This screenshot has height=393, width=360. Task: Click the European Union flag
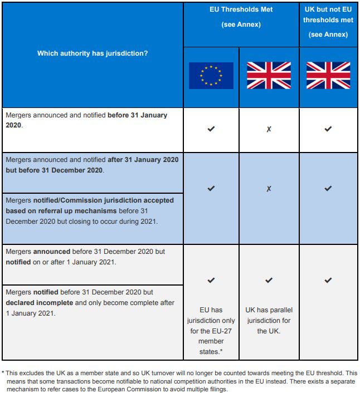[x=211, y=76]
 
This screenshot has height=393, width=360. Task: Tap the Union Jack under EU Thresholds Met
[x=269, y=76]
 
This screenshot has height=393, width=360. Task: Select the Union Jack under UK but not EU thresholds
[x=328, y=76]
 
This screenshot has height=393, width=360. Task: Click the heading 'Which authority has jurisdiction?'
[x=93, y=53]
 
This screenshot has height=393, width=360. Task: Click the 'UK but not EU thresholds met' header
[x=328, y=20]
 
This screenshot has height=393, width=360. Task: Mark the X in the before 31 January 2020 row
[x=269, y=129]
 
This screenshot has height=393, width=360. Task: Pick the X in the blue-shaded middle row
[x=269, y=189]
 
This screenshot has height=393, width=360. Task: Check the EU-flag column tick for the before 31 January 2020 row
[x=211, y=129]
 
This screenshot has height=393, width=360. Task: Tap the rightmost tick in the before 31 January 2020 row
[x=328, y=129]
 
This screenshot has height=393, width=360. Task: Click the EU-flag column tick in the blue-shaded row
[x=211, y=189]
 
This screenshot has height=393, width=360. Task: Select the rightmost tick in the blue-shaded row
[x=328, y=189]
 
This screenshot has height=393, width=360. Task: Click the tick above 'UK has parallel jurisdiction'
[x=269, y=280]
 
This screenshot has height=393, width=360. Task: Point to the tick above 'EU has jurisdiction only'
[x=211, y=280]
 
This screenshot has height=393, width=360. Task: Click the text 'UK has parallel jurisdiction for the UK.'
[x=269, y=320]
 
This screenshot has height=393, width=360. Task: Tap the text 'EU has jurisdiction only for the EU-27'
[x=211, y=326]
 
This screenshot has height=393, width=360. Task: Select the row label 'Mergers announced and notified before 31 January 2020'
[x=86, y=120]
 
